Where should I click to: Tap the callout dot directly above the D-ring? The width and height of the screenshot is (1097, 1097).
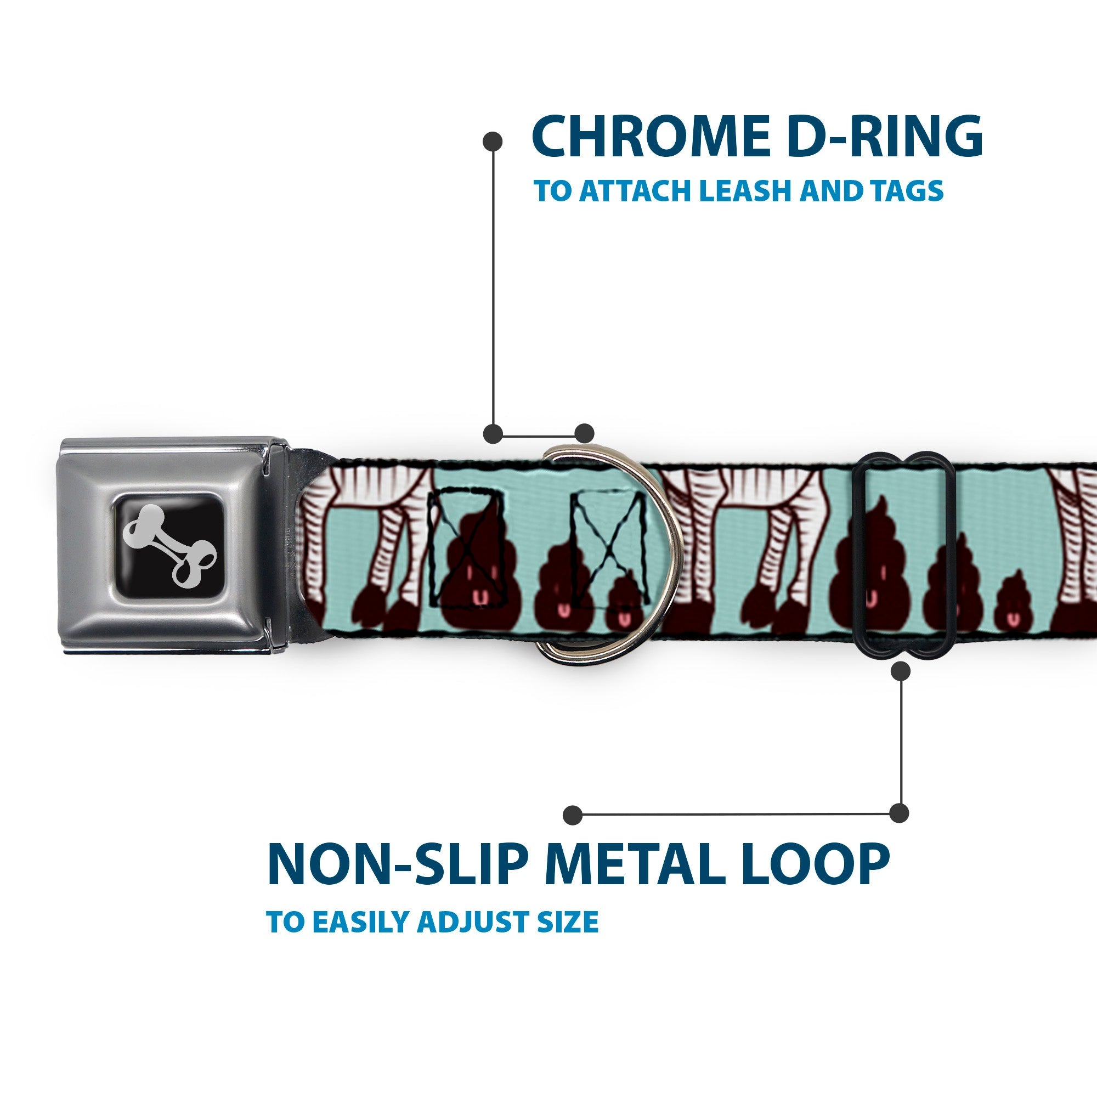coord(584,433)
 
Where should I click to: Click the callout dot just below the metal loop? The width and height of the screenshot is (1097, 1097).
coord(901,672)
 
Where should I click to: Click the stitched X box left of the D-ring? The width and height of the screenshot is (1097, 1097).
coord(467,548)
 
